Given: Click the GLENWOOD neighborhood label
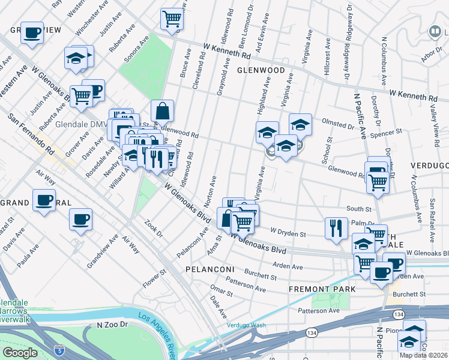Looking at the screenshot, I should (x=260, y=70).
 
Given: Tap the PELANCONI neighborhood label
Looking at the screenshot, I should (x=208, y=269).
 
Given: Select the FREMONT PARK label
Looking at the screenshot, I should (x=322, y=289).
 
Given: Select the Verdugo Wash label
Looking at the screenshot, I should (x=246, y=325).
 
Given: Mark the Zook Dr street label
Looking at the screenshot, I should (x=154, y=229).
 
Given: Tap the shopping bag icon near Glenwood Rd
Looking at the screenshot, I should (x=162, y=110).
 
